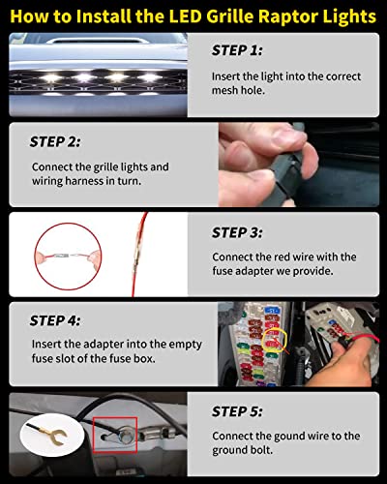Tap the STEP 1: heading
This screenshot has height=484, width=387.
pyautogui.click(x=237, y=50)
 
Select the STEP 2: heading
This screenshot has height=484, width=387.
pyautogui.click(x=55, y=141)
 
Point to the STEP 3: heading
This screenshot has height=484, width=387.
pyautogui.click(x=237, y=232)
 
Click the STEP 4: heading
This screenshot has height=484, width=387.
pyautogui.click(x=55, y=320)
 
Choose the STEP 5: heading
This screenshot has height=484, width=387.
pyautogui.click(x=237, y=411)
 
